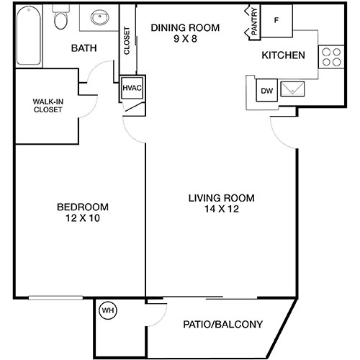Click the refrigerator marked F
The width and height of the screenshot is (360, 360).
(x=276, y=19)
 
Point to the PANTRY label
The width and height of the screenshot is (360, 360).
(x=253, y=21)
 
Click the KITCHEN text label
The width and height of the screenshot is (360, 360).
(x=283, y=55)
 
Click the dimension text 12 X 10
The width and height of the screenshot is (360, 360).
(x=82, y=219)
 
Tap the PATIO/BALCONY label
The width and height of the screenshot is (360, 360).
(x=222, y=323)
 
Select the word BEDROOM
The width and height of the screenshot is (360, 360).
(x=82, y=207)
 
